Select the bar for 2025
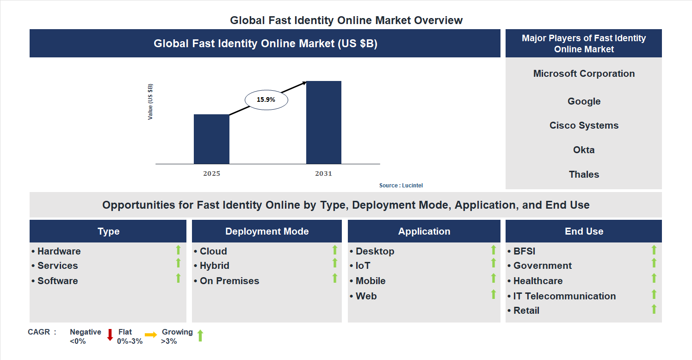pos(211,139)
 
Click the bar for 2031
pos(324,123)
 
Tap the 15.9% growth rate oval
pos(266,99)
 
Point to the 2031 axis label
pos(324,174)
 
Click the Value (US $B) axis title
pos(150,102)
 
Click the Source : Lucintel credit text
pos(401,186)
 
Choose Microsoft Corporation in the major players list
pos(584,74)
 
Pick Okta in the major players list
pos(584,150)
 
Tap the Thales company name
pos(584,174)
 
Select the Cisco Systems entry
pos(584,125)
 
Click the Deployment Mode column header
pos(267,231)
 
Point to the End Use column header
pos(584,231)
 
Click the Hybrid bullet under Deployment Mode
pos(214,266)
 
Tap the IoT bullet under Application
pos(363,266)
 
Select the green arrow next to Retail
pos(654,309)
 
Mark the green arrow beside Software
pos(178,278)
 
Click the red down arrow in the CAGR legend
pos(110,335)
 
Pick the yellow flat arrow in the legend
pos(151,335)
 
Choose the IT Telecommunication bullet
pos(564,296)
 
